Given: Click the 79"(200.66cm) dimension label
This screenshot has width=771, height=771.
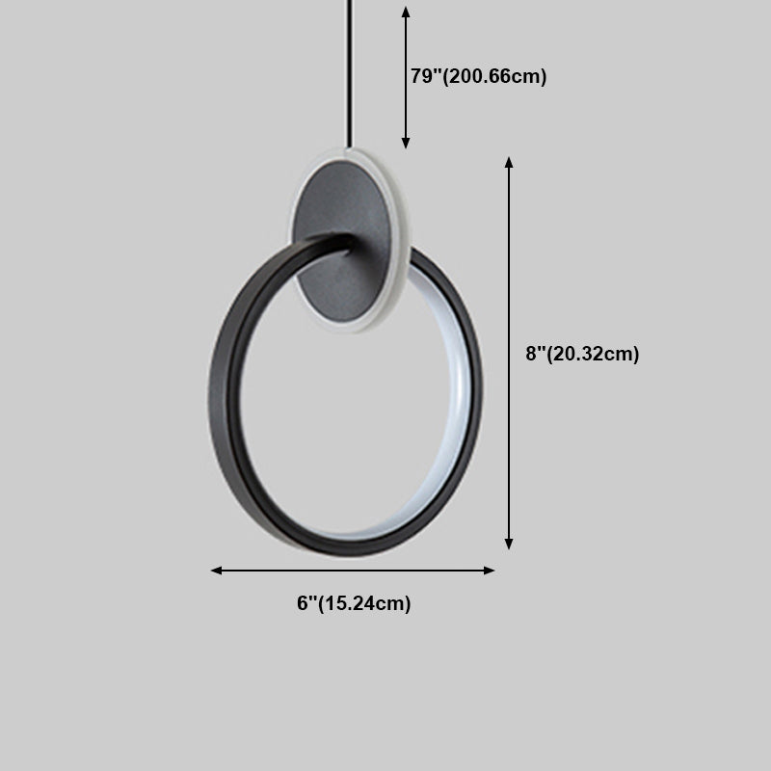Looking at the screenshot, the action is coord(478,76).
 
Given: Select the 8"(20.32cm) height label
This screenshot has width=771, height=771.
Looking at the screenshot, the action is coord(582,354).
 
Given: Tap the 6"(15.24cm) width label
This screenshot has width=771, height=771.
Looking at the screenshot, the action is coord(354,603).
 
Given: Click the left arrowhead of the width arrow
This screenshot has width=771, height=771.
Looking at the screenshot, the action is coord(216,571).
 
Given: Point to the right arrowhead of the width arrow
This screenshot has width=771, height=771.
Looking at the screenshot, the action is coord(489,571).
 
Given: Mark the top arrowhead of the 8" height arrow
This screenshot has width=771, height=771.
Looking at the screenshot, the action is coord(509,163).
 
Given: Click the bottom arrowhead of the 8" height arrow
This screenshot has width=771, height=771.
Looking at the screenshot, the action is coord(509,544).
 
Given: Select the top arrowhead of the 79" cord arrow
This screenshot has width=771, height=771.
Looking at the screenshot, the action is coord(406,13).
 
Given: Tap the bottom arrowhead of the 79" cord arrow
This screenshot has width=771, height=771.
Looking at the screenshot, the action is coord(406,143).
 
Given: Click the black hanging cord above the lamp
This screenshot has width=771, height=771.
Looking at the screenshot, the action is coord(350,74).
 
